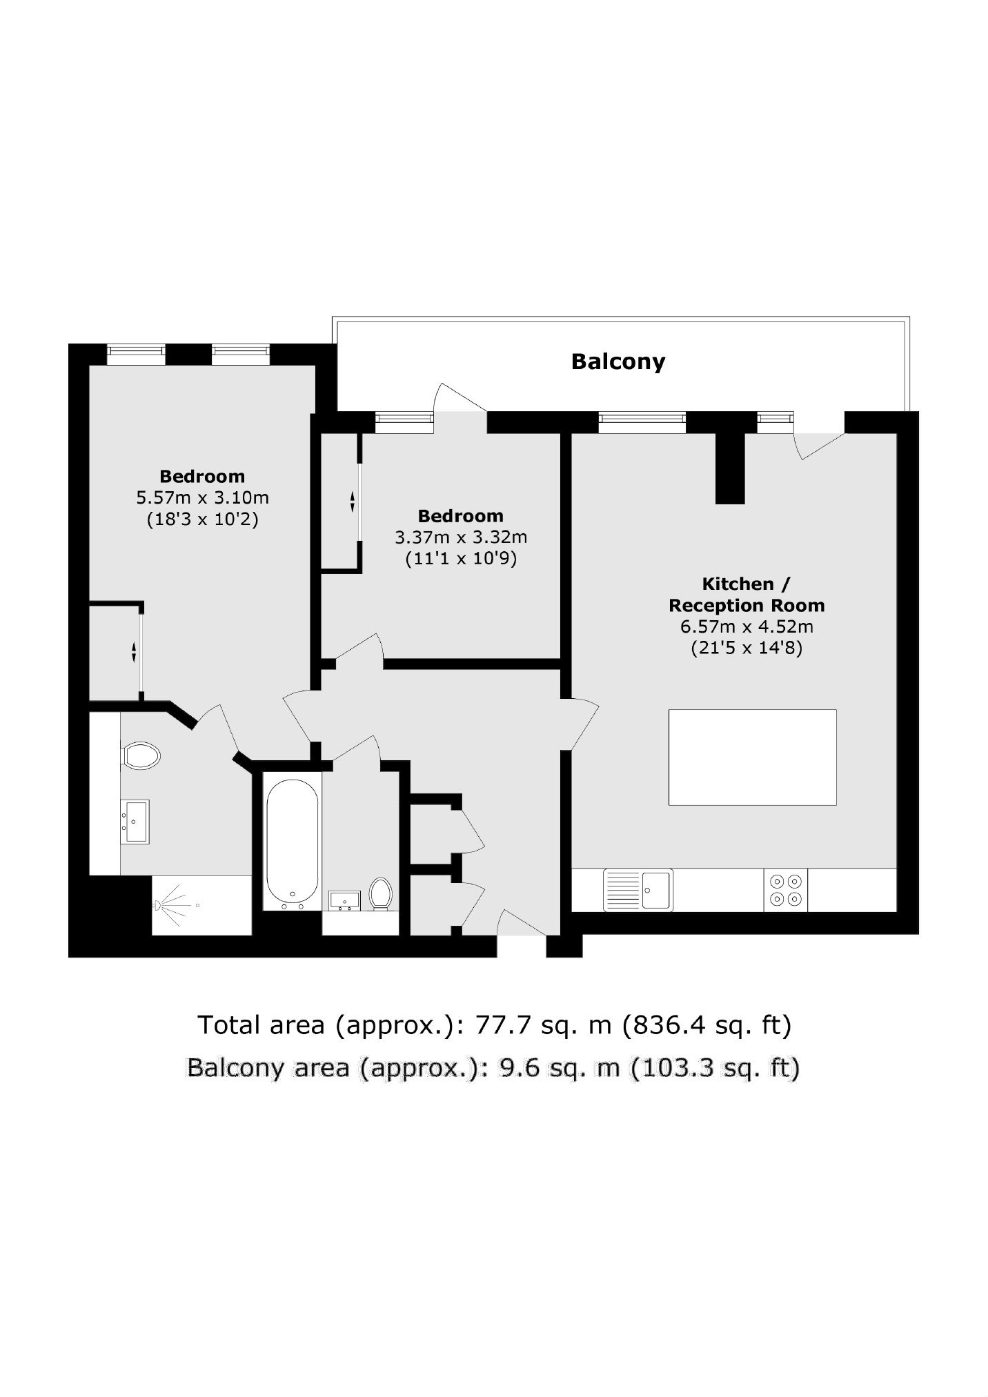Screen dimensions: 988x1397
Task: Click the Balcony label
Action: tap(617, 361)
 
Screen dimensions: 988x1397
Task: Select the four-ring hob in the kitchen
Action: tap(786, 890)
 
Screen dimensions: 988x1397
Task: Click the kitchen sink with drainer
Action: tap(638, 890)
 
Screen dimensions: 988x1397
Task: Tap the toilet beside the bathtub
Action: tap(380, 893)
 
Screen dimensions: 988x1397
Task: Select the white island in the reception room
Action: tap(752, 757)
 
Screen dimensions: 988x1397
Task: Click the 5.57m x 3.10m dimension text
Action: tap(202, 497)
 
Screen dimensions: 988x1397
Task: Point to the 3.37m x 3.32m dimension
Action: tap(460, 537)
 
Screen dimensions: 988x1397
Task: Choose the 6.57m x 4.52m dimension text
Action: tap(747, 627)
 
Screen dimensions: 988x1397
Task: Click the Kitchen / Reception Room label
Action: tap(747, 595)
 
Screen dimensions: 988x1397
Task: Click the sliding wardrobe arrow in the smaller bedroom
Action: tap(352, 501)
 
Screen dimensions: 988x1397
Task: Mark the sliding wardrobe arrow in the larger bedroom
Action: tap(134, 652)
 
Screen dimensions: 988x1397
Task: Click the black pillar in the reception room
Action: tap(730, 468)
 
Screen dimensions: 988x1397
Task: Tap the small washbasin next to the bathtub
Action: tap(345, 900)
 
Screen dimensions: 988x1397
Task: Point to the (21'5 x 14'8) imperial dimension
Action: tap(747, 648)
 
